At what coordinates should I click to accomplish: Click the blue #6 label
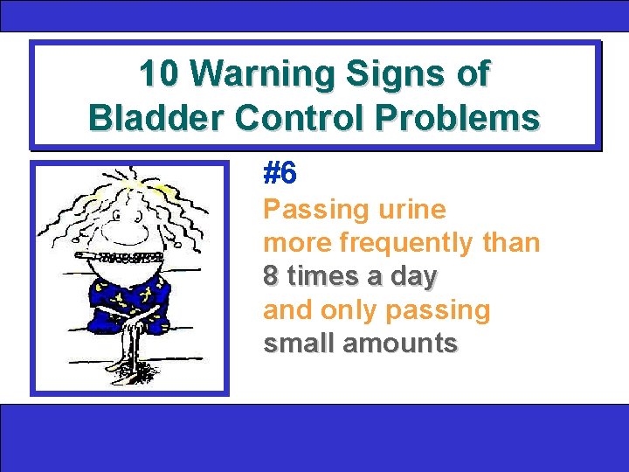coord(280,175)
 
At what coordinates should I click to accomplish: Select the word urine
coord(412,210)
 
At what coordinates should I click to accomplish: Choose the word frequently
coord(410,243)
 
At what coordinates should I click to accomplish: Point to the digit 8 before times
coord(272,276)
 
